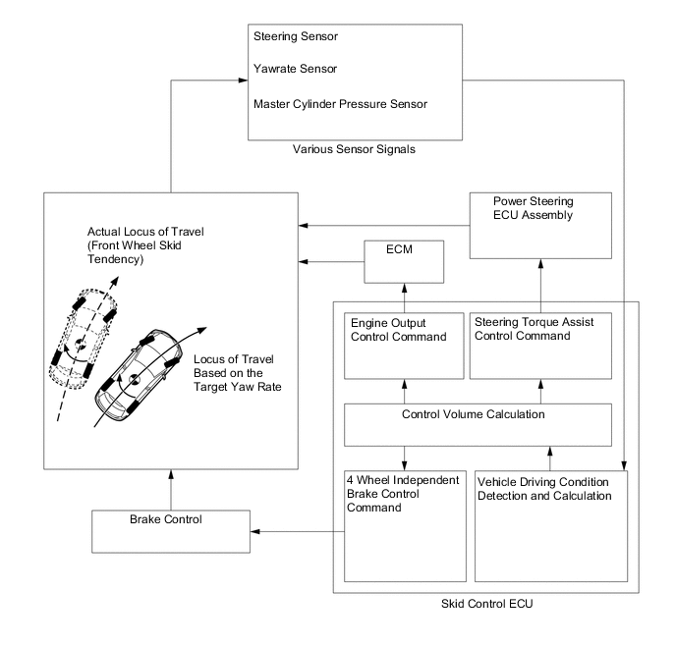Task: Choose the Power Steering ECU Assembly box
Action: (x=540, y=226)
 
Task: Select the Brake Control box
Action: (x=171, y=529)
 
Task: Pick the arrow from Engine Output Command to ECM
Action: (x=403, y=293)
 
